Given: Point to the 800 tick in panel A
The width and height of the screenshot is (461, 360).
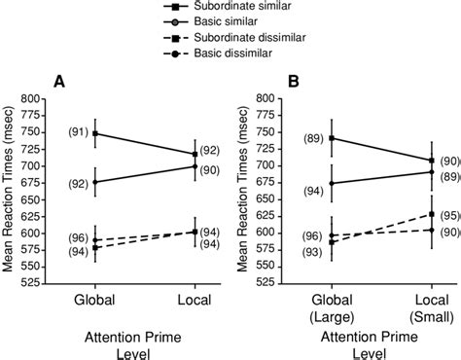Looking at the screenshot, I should pyautogui.click(x=38, y=98).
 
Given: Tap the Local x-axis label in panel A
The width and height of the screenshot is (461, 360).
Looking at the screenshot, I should pyautogui.click(x=195, y=303).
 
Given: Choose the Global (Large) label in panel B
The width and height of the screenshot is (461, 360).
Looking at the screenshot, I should pyautogui.click(x=332, y=309).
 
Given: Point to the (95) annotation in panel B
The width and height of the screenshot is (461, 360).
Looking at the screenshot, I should pyautogui.click(x=448, y=215).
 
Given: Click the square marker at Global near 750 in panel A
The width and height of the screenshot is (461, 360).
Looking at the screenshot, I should pyautogui.click(x=94, y=133).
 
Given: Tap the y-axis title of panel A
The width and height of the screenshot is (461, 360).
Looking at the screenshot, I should pyautogui.click(x=10, y=190).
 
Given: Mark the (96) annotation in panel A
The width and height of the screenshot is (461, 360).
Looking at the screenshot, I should pyautogui.click(x=77, y=238).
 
